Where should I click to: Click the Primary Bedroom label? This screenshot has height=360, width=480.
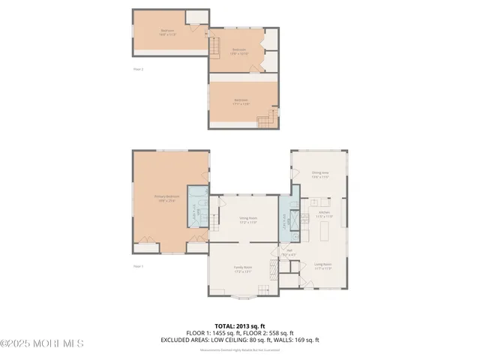coord(166,199)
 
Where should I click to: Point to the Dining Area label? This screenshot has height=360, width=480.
coord(320,175)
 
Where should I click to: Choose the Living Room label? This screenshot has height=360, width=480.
coord(323,265)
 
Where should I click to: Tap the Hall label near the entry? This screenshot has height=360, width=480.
coord(289,253)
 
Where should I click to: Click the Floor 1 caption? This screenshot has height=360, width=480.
coord(137,266)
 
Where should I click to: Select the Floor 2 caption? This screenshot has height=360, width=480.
coord(137,69)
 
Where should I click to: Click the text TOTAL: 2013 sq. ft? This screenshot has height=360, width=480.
coord(239,325)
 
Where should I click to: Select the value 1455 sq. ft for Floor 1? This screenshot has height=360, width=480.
coord(222,332)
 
